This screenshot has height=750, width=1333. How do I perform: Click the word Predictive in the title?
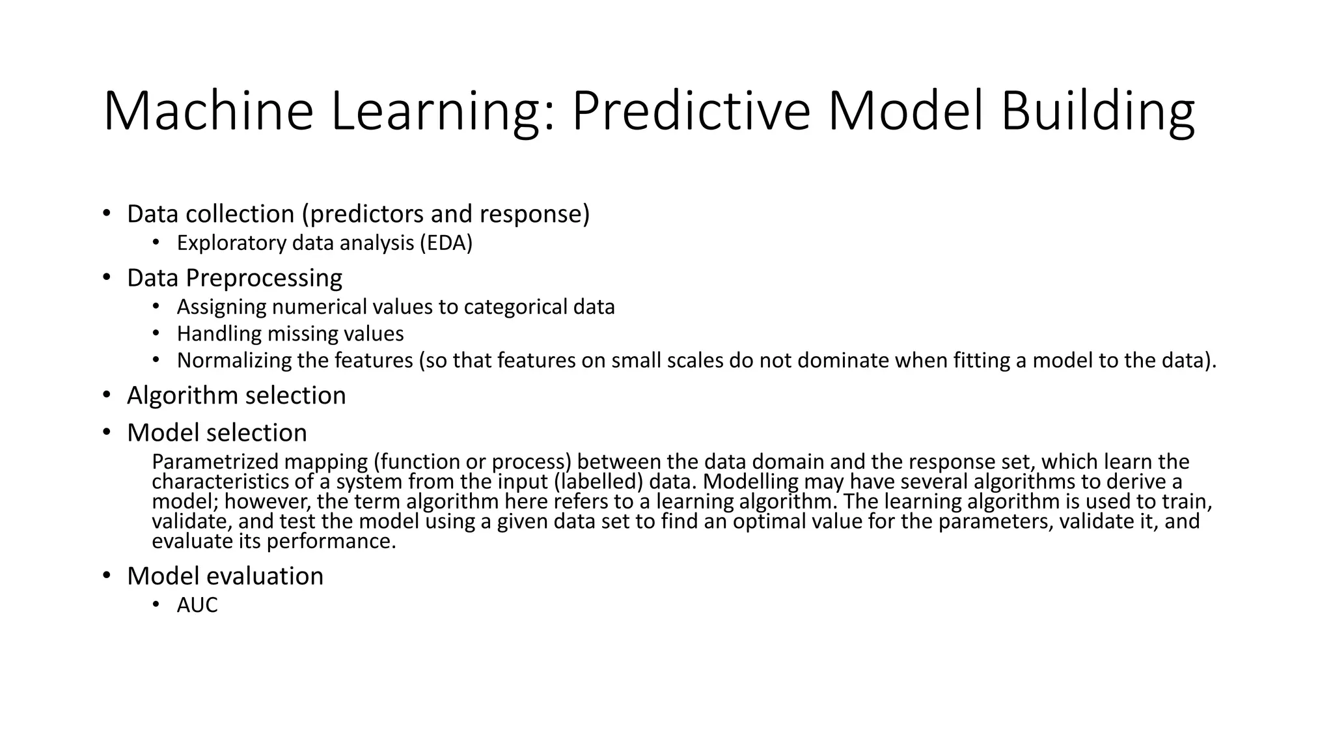point(691,112)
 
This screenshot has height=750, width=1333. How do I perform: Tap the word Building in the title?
point(1097,112)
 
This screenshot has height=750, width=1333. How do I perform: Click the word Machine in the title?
point(208,112)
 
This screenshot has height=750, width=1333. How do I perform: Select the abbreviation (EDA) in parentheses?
point(446,243)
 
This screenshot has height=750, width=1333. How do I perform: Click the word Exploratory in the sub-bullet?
point(232,243)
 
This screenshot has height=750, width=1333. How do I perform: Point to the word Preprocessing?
point(264,278)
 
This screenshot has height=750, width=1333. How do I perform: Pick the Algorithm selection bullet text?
point(236,396)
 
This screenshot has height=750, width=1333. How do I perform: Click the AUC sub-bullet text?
point(197,605)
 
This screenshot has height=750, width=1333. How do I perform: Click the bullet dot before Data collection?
point(106,214)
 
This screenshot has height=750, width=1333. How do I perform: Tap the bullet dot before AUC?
point(156,605)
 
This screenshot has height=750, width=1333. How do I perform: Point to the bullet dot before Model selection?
point(106,432)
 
